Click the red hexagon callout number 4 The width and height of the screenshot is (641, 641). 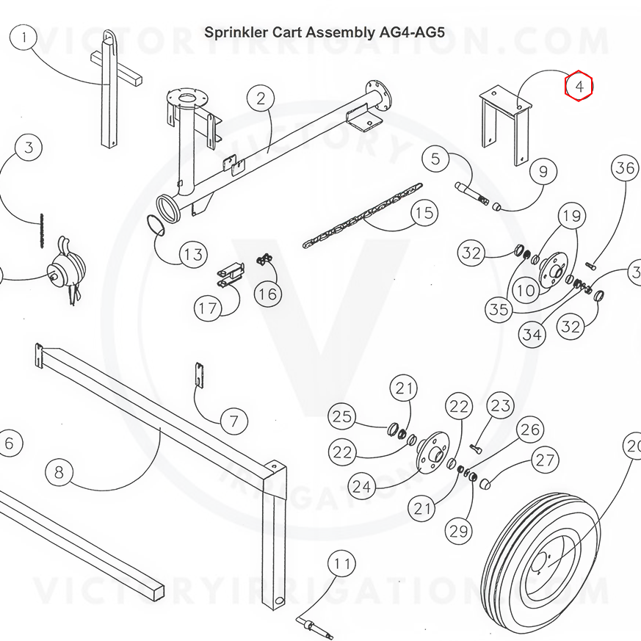pyautogui.click(x=579, y=87)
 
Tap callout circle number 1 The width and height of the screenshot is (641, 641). pyautogui.click(x=26, y=37)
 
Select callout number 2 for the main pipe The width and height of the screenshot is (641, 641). pyautogui.click(x=261, y=98)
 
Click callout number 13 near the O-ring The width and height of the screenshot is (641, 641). pyautogui.click(x=193, y=255)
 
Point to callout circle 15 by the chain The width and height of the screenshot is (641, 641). pyautogui.click(x=424, y=214)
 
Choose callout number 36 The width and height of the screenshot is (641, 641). pyautogui.click(x=626, y=168)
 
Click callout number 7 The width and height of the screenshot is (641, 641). pyautogui.click(x=234, y=421)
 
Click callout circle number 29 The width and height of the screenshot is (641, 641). pyautogui.click(x=460, y=531)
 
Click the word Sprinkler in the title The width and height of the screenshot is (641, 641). pyautogui.click(x=233, y=32)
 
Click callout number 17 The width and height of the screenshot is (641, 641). pyautogui.click(x=209, y=308)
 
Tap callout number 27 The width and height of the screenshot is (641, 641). pyautogui.click(x=545, y=460)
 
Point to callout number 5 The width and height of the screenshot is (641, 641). pyautogui.click(x=435, y=159)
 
